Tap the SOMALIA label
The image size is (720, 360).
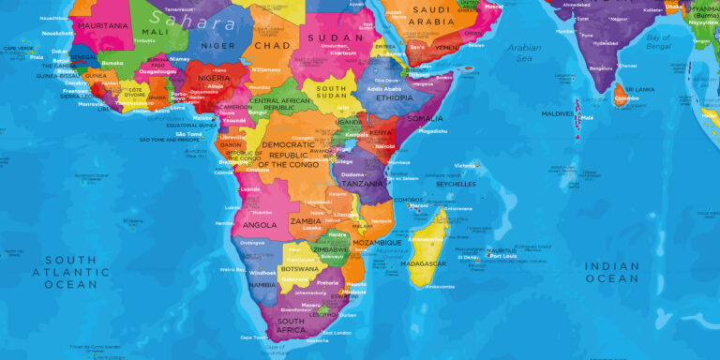click(x=425, y=118)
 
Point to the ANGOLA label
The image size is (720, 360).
click(x=260, y=225)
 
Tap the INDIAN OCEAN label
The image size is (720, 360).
click(x=612, y=272)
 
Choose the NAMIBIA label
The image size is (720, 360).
click(x=263, y=284)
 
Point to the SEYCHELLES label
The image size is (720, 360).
click(x=456, y=184)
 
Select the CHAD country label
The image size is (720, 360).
click(x=272, y=45)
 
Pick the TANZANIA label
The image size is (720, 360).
click(x=363, y=184)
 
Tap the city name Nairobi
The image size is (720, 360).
click(x=384, y=146)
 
